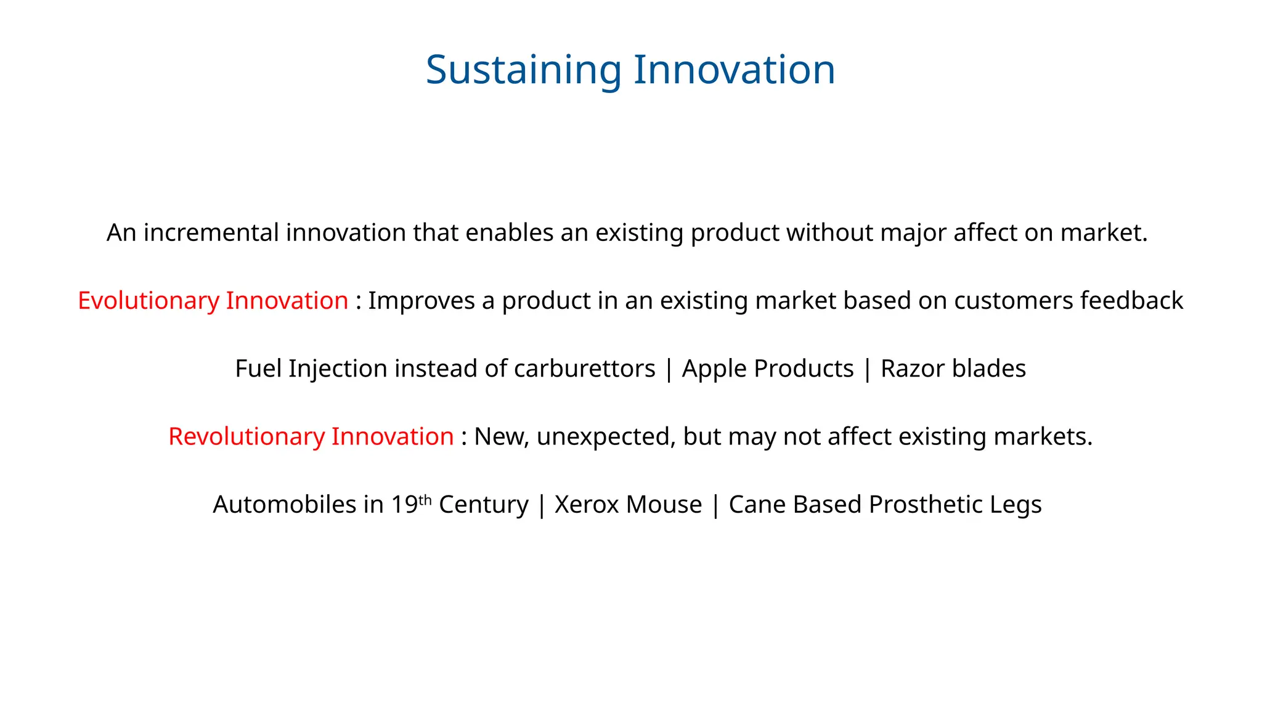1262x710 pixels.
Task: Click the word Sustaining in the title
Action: coord(523,70)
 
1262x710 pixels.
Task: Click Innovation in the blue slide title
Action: coord(734,70)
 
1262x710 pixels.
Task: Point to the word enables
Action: coord(510,233)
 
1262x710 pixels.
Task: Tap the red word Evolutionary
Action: coord(149,301)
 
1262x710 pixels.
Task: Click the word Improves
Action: coord(421,301)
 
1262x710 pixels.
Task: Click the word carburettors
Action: coord(584,369)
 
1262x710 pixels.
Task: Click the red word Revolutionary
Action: coord(246,436)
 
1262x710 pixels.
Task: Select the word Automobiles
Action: coord(284,504)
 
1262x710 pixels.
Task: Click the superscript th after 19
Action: coord(425,500)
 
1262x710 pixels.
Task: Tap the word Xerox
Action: coord(586,504)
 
